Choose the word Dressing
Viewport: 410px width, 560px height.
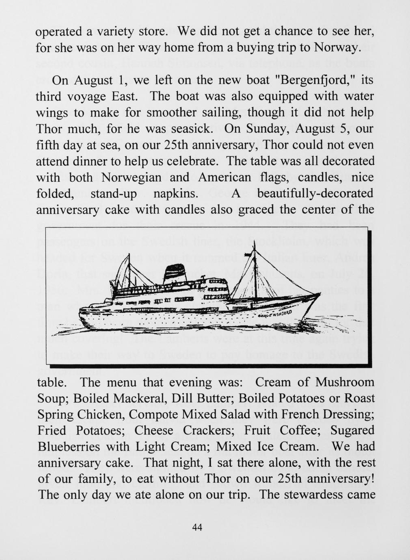click(345, 415)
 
